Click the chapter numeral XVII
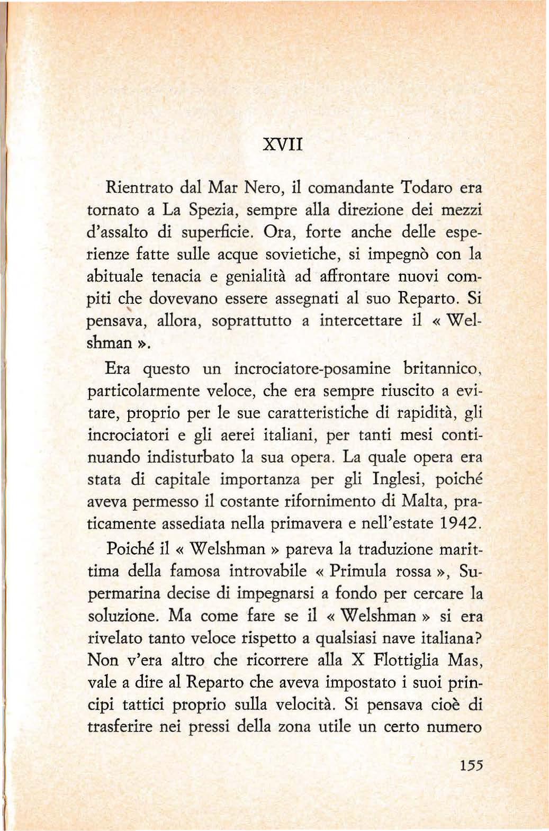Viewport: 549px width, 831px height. (x=284, y=144)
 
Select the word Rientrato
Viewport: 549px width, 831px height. (x=139, y=187)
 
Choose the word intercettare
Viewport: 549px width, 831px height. (x=359, y=321)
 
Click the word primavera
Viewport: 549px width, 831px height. (x=304, y=524)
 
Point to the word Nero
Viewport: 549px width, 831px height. (x=257, y=187)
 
